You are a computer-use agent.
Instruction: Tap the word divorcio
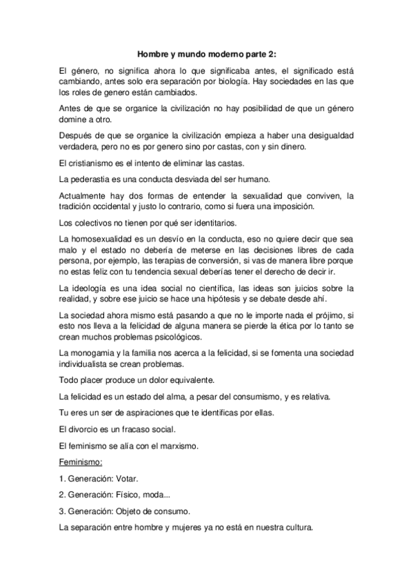tap(86, 428)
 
